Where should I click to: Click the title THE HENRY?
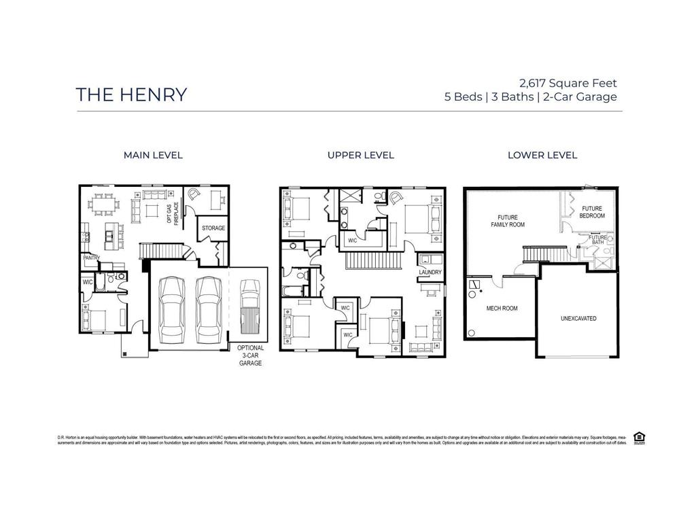pyautogui.click(x=131, y=94)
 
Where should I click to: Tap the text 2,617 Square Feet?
pyautogui.click(x=568, y=84)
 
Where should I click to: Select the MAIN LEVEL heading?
pyautogui.click(x=153, y=155)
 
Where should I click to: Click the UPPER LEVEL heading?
pyautogui.click(x=360, y=155)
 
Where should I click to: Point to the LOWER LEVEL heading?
pyautogui.click(x=542, y=155)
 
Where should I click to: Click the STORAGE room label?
pyautogui.click(x=213, y=228)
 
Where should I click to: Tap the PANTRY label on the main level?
pyautogui.click(x=92, y=258)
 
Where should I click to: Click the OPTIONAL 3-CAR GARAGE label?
pyautogui.click(x=250, y=355)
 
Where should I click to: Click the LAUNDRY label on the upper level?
pyautogui.click(x=430, y=273)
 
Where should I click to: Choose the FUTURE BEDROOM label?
pyautogui.click(x=593, y=212)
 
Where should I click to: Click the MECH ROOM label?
pyautogui.click(x=502, y=309)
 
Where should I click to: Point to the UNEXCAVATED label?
pyautogui.click(x=578, y=318)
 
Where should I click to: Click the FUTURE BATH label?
pyautogui.click(x=598, y=240)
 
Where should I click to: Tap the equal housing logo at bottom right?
pyautogui.click(x=638, y=437)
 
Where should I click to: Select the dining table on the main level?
pyautogui.click(x=106, y=202)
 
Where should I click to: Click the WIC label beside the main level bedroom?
pyautogui.click(x=88, y=282)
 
